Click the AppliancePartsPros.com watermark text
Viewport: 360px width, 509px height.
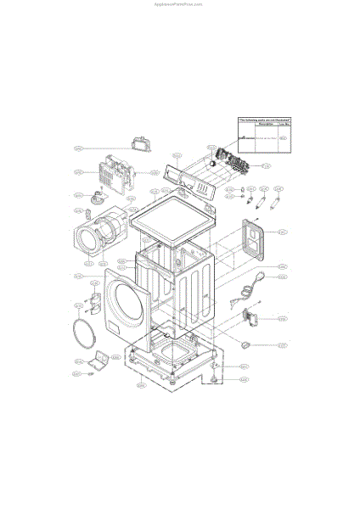point(180,3)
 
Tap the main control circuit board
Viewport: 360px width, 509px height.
point(232,159)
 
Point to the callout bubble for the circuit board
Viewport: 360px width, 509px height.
point(266,165)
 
